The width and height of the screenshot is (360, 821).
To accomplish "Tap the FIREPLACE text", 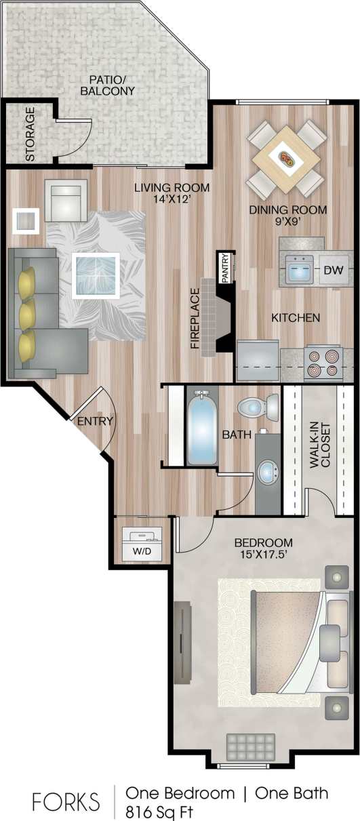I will coord(195,318).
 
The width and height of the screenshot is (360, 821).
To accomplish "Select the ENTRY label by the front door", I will coord(95,421).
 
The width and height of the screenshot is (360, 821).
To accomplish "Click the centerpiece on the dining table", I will coord(287,160).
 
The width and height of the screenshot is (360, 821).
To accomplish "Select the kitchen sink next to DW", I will coord(299,271).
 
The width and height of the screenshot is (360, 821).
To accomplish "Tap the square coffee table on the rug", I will coord(96,275).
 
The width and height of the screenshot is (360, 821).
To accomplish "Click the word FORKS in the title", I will coord(66,801).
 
